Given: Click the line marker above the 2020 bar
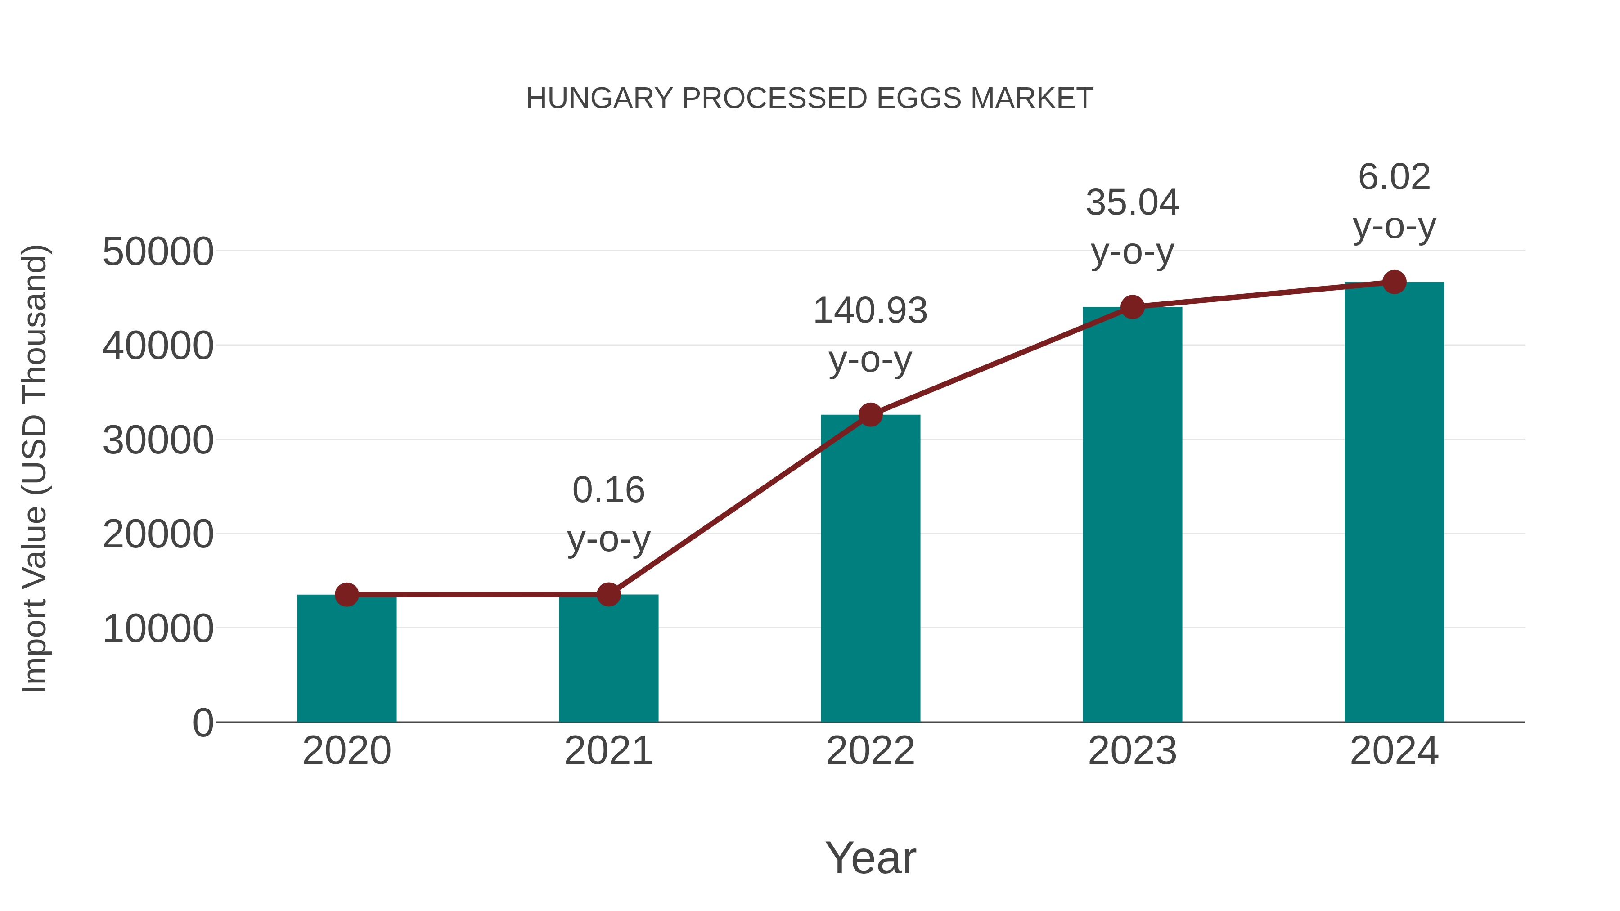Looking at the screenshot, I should tap(346, 594).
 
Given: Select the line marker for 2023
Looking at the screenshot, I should tap(1132, 307).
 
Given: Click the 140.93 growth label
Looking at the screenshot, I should tap(870, 310).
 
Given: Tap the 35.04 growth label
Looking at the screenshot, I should tap(1132, 202).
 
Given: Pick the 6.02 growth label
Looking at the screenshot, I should tap(1394, 177).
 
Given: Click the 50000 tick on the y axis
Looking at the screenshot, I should tap(158, 251).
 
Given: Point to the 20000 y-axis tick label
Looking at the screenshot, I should tap(158, 534).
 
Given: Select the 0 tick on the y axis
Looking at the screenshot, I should tap(203, 723).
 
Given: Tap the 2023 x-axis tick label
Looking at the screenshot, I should tap(1132, 751).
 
